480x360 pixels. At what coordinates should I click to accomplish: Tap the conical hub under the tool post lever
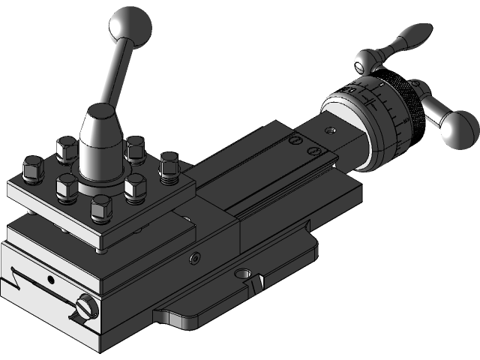(x=98, y=142)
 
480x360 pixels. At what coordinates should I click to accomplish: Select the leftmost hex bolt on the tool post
(x=31, y=168)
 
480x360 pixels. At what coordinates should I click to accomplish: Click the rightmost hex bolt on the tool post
(x=169, y=166)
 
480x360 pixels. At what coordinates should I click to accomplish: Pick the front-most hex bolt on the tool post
(x=100, y=208)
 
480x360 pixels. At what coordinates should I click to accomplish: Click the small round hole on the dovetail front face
(x=50, y=280)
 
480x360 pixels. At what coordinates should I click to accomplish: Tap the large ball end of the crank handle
(x=458, y=129)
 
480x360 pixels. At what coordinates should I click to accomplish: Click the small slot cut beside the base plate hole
(x=256, y=283)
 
